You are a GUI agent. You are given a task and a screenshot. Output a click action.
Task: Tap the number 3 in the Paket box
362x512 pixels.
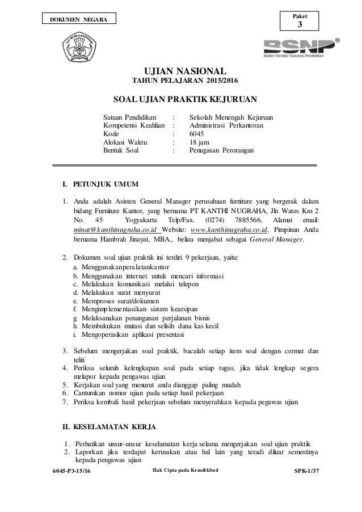301,24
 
